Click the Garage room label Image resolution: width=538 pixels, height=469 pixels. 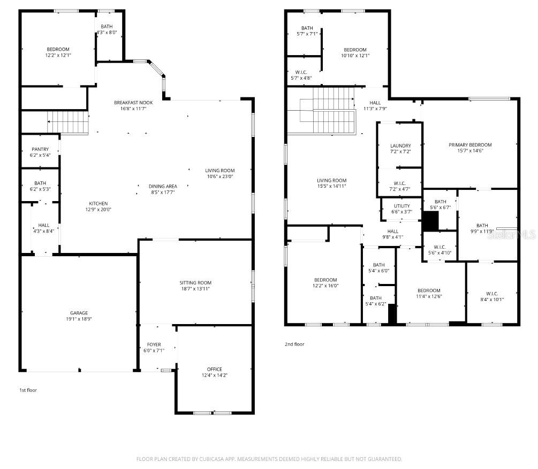tap(79, 313)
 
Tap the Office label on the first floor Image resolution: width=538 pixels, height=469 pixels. tap(214, 369)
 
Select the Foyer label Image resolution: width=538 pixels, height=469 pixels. tap(154, 344)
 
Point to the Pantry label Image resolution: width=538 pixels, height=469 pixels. tap(40, 149)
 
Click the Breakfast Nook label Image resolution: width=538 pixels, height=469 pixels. tap(133, 102)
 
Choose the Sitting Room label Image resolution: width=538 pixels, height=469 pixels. tap(195, 282)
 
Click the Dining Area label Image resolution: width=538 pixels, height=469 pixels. tap(163, 186)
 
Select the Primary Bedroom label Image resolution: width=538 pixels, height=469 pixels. tap(470, 144)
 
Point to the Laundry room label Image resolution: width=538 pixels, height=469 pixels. tap(400, 145)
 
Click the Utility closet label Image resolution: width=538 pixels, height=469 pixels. tap(401, 206)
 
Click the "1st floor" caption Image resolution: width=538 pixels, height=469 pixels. tap(28, 390)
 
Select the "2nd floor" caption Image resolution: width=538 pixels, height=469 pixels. tap(294, 344)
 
